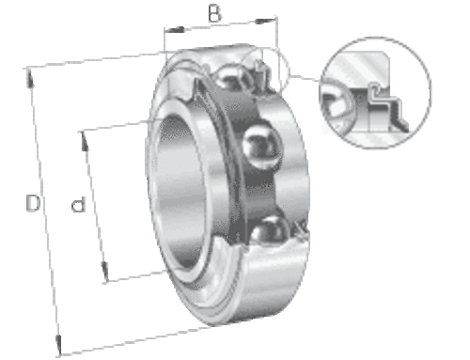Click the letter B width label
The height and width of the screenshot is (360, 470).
(x=214, y=13)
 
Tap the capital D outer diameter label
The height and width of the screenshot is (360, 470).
(x=33, y=203)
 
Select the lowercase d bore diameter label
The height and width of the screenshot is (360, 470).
(x=78, y=204)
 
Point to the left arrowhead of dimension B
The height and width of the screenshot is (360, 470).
(x=175, y=30)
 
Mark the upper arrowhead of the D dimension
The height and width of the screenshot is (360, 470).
(x=30, y=78)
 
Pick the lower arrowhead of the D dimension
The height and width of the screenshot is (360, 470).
(x=58, y=345)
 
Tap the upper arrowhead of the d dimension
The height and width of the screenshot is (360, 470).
(x=84, y=142)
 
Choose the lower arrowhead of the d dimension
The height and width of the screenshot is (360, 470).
(x=104, y=272)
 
